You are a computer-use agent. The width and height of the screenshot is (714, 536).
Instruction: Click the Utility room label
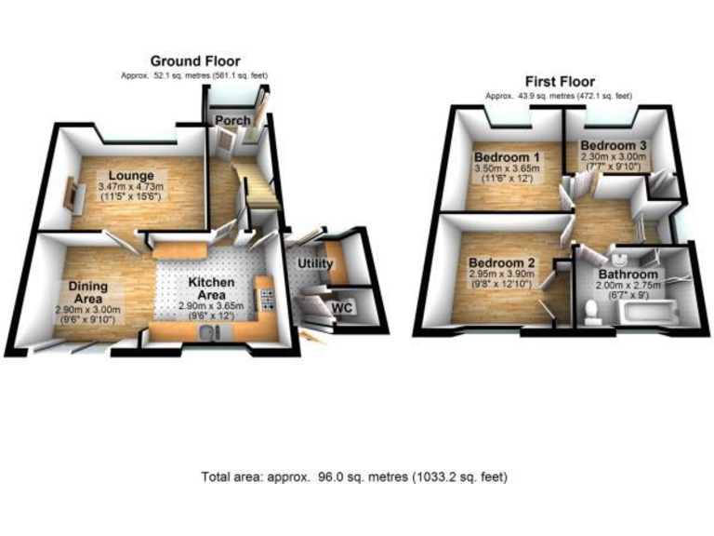pyautogui.click(x=314, y=264)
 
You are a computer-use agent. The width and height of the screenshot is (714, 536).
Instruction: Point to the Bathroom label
pyautogui.click(x=628, y=275)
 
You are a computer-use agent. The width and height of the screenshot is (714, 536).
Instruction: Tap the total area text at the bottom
pyautogui.click(x=354, y=476)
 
